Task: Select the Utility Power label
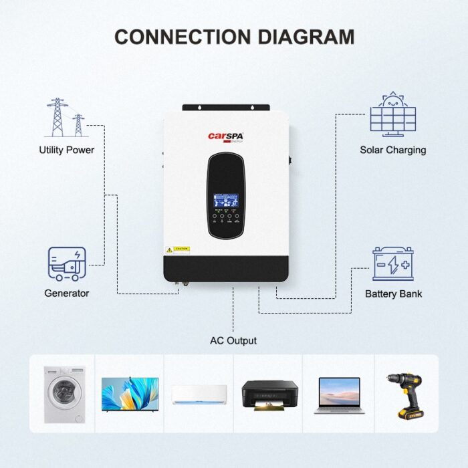66,150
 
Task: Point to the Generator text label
66,294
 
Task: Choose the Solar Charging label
392,150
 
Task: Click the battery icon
393,263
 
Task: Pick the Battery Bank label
393,294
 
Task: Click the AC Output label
233,341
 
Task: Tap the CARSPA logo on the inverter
225,136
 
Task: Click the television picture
130,394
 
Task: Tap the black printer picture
269,394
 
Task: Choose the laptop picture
339,394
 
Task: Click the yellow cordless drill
404,395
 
